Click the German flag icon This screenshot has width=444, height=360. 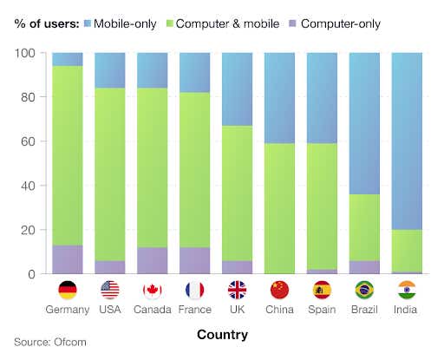point(68,290)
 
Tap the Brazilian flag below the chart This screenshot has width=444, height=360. point(365,290)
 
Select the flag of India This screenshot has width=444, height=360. point(408,290)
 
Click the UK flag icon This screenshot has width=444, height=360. point(238,290)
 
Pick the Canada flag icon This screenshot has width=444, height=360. point(153,290)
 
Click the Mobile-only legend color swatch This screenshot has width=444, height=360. point(87,23)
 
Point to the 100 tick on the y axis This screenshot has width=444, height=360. point(25,54)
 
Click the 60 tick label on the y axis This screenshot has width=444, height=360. point(28,141)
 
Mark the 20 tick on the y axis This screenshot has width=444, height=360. point(28,230)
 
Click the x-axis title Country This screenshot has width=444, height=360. point(222,334)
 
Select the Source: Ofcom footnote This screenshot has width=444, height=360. point(50,343)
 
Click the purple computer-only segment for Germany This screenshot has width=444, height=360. point(68,259)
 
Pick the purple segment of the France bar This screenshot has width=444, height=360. point(195,260)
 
